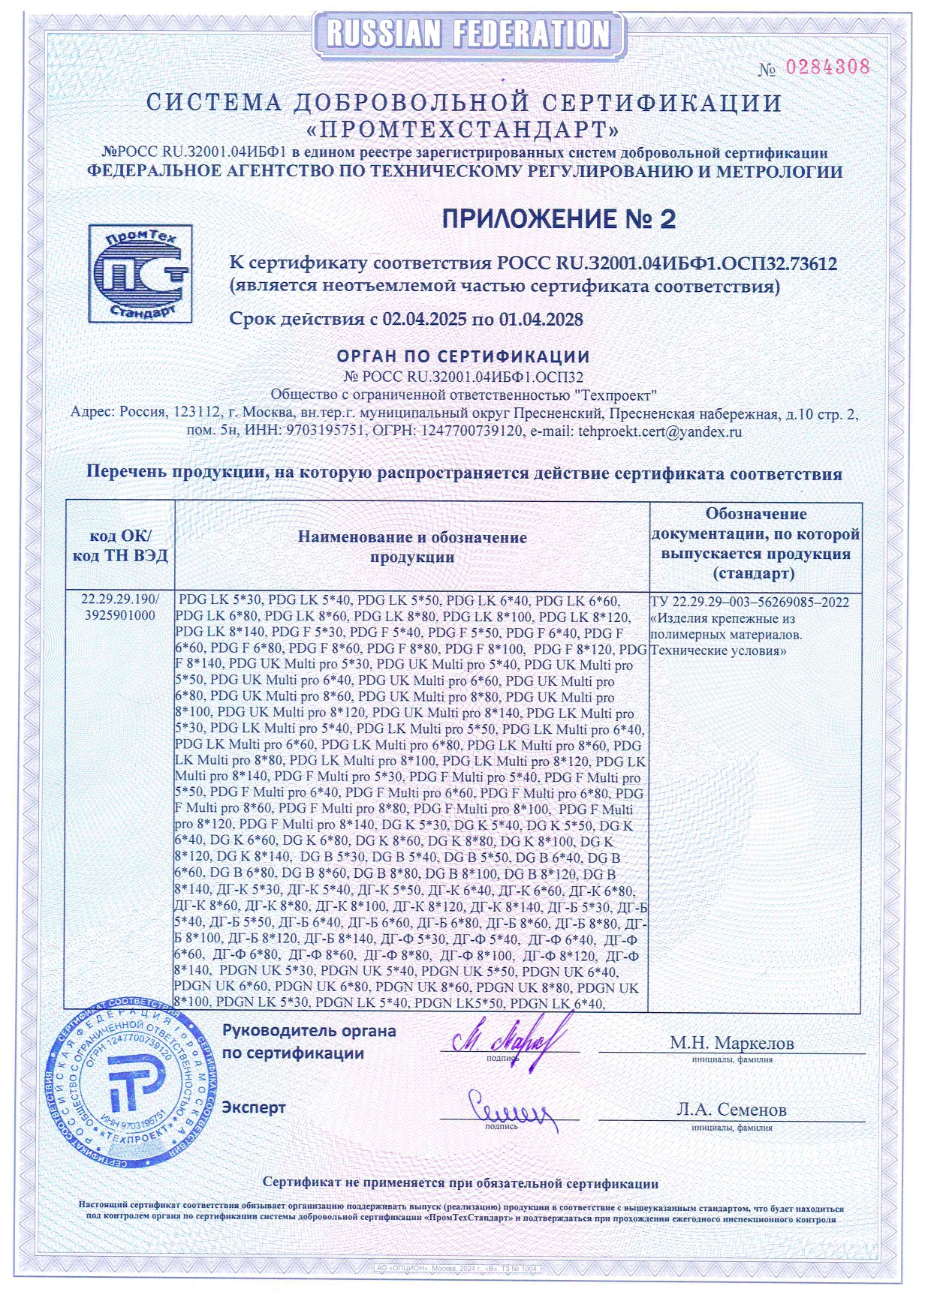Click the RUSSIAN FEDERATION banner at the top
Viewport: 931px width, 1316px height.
tap(469, 34)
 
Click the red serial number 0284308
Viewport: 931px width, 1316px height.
tap(827, 67)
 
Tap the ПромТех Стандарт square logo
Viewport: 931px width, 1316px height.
tap(140, 274)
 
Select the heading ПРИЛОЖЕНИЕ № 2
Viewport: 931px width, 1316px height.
tap(559, 219)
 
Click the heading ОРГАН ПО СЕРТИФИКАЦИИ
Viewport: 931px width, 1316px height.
tap(463, 356)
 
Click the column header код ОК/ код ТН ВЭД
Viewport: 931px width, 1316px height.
tap(120, 545)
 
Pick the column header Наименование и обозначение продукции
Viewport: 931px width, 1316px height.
tap(412, 546)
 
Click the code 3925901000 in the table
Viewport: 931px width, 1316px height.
tap(120, 615)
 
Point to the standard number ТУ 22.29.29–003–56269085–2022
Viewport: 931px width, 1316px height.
tap(750, 602)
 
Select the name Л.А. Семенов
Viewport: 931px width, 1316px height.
tap(731, 1109)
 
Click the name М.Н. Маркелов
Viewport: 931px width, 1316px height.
tap(731, 1042)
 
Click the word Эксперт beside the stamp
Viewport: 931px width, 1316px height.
tap(254, 1107)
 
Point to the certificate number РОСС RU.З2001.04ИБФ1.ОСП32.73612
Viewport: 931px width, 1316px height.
tap(666, 263)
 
